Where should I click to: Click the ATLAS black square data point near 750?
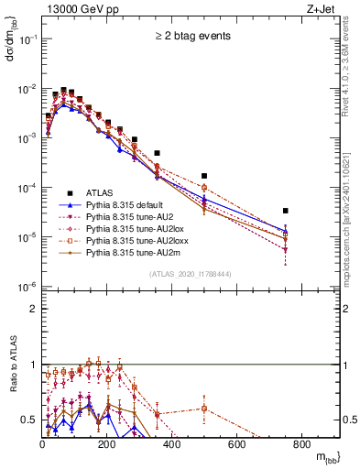(x=286, y=211)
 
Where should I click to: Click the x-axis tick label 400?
(x=172, y=445)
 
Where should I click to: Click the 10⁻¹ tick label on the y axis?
(x=27, y=39)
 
